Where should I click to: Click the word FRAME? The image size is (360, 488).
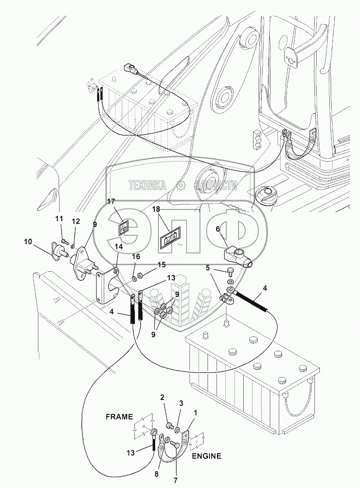pyautogui.click(x=120, y=416)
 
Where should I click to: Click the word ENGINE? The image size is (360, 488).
pyautogui.click(x=207, y=456)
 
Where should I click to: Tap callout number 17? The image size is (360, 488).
pyautogui.click(x=111, y=201)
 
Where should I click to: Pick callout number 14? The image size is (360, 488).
pyautogui.click(x=118, y=247)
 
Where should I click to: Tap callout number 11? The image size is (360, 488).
pyautogui.click(x=59, y=219)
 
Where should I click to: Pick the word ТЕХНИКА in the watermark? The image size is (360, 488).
pyautogui.click(x=147, y=185)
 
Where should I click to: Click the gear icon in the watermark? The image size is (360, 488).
pyautogui.click(x=180, y=185)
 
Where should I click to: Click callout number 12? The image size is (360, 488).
pyautogui.click(x=75, y=221)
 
